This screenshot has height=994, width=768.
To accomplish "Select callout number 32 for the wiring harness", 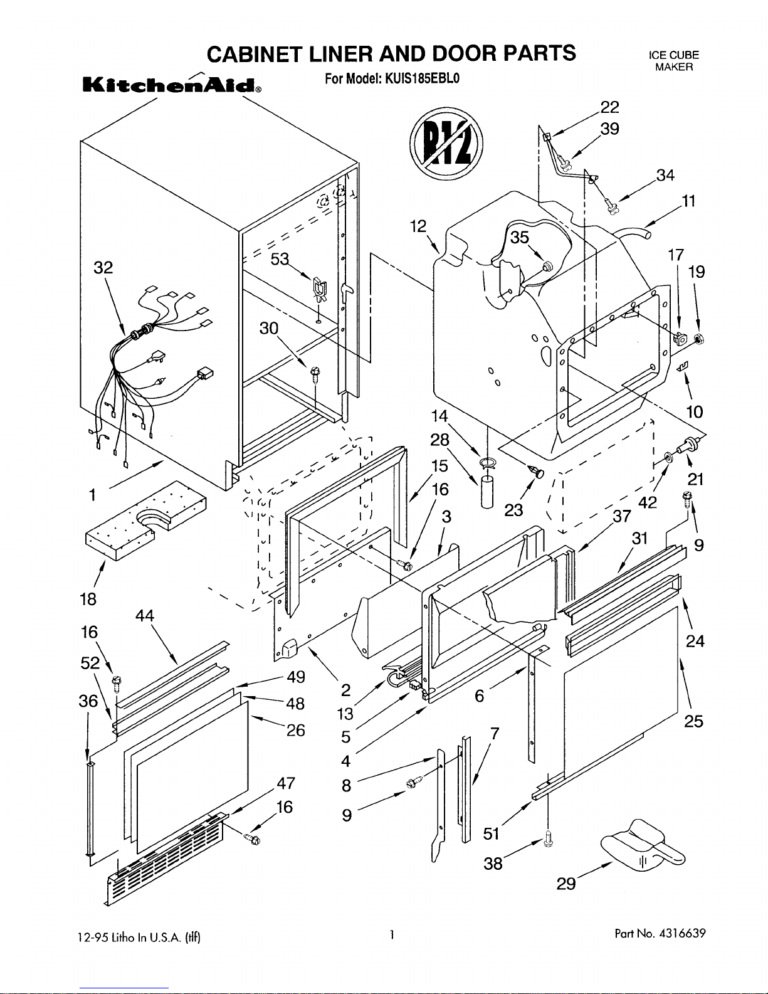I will click(103, 268).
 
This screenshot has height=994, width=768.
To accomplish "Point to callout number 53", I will click(280, 258).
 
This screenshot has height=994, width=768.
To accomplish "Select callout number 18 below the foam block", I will click(89, 599).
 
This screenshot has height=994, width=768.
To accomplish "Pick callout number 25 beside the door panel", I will click(694, 721).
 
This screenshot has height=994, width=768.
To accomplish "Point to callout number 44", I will click(144, 615).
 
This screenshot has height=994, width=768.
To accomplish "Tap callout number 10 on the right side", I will click(695, 412).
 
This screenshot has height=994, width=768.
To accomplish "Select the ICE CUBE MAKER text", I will click(674, 61).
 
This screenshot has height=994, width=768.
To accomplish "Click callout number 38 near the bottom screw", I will click(493, 864).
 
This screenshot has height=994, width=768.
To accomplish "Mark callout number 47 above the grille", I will click(286, 783).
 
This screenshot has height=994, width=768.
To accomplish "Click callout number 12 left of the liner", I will click(418, 226).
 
